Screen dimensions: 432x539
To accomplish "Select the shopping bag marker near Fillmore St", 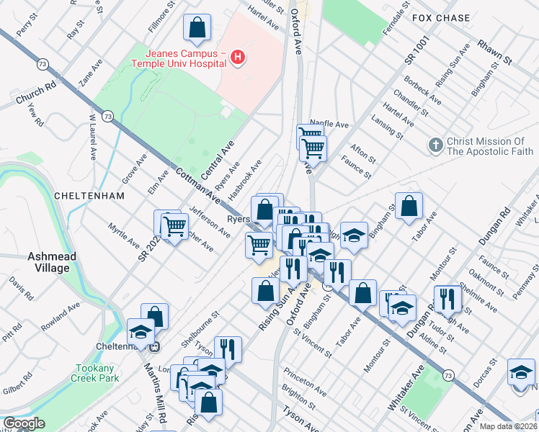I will tap(196, 29).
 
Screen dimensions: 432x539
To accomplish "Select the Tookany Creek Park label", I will tap(97, 373).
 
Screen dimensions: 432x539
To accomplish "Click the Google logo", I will tap(24, 424).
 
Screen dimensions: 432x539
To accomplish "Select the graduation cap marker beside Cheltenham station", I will tap(141, 332).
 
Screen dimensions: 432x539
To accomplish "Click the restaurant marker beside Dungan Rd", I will tap(447, 299).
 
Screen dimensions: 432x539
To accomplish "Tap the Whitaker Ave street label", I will tap(408, 387).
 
